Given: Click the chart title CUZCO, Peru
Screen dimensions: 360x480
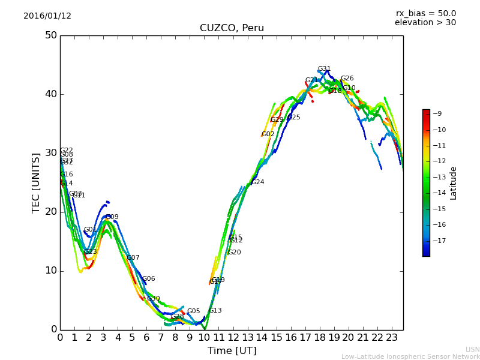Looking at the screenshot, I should coord(232,28).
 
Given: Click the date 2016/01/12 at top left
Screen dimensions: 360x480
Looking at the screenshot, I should coord(47,16).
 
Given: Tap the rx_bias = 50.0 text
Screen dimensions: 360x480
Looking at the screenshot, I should coord(425,13).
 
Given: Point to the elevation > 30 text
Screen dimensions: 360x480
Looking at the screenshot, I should coord(425,23).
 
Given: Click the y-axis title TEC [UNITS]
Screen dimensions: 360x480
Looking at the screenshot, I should coord(36,182).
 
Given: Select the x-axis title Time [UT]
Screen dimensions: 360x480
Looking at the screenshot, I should coord(232,351).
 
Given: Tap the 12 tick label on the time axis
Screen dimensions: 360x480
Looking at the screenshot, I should coord(233,338).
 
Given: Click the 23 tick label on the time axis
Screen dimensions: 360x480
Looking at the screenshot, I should coord(391,338).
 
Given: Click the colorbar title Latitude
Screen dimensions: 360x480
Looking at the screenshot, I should coord(454,182).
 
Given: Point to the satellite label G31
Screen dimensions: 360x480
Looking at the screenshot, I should coord(324,69).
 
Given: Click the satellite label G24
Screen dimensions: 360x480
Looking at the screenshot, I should coord(257,182).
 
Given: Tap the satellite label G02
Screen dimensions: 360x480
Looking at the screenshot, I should coord(268,134).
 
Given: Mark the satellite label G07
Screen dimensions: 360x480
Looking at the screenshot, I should coord(133,257).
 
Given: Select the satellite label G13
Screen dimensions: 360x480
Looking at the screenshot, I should coord(215,310).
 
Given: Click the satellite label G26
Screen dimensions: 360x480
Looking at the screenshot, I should coord(347,79).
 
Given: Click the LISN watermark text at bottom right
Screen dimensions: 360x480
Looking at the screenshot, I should coord(472,349).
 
